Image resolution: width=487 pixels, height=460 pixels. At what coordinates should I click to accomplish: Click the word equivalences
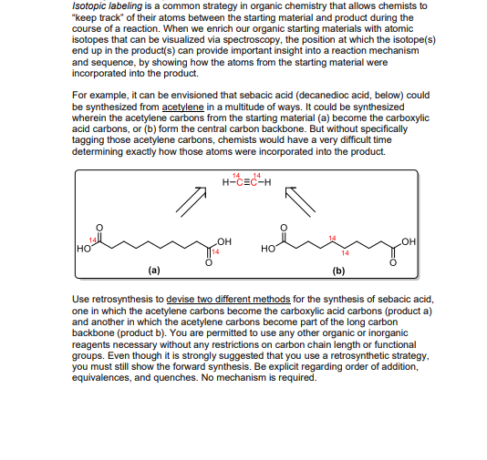point(108,379)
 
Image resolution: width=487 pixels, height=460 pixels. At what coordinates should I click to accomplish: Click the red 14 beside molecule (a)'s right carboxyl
point(216,251)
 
